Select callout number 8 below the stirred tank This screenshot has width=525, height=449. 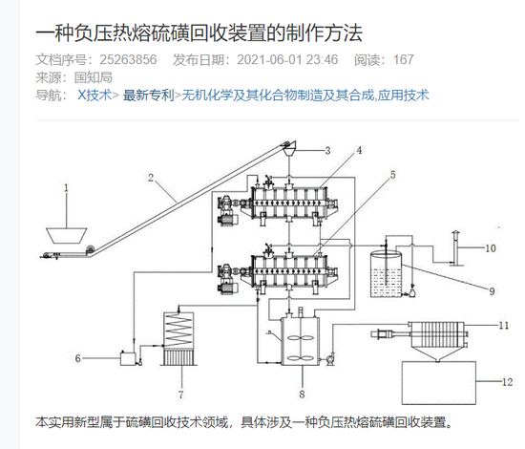(x=302, y=393)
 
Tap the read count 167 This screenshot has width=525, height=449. (x=403, y=60)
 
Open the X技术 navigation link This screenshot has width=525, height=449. (x=94, y=95)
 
